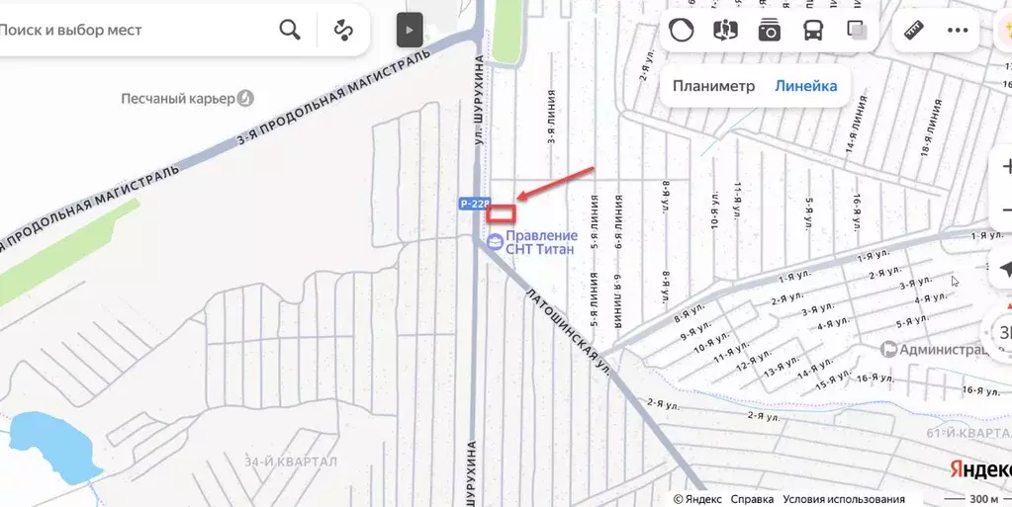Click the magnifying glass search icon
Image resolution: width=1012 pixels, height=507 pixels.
pyautogui.click(x=289, y=30)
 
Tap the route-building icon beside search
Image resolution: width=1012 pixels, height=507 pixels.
pyautogui.click(x=343, y=30)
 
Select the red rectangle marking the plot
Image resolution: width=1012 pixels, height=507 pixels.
pyautogui.click(x=502, y=211)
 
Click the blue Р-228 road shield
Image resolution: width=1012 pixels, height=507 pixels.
pyautogui.click(x=475, y=204)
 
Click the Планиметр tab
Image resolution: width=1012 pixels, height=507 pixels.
pyautogui.click(x=713, y=86)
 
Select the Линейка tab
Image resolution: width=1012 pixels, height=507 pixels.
pyautogui.click(x=805, y=86)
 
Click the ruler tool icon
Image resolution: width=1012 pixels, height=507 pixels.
pyautogui.click(x=913, y=30)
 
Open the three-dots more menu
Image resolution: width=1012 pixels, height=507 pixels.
pyautogui.click(x=957, y=30)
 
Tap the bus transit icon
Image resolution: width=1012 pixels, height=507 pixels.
pyautogui.click(x=813, y=30)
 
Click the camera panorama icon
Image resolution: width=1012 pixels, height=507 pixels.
pyautogui.click(x=769, y=30)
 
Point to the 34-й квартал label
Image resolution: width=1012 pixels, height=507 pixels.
pyautogui.click(x=291, y=462)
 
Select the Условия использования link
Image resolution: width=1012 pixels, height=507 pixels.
pyautogui.click(x=844, y=499)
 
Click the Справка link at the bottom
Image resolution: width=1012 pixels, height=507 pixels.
pyautogui.click(x=752, y=499)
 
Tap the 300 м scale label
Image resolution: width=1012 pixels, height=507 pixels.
pyautogui.click(x=983, y=498)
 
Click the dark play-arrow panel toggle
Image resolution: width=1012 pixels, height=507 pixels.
pyautogui.click(x=410, y=30)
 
